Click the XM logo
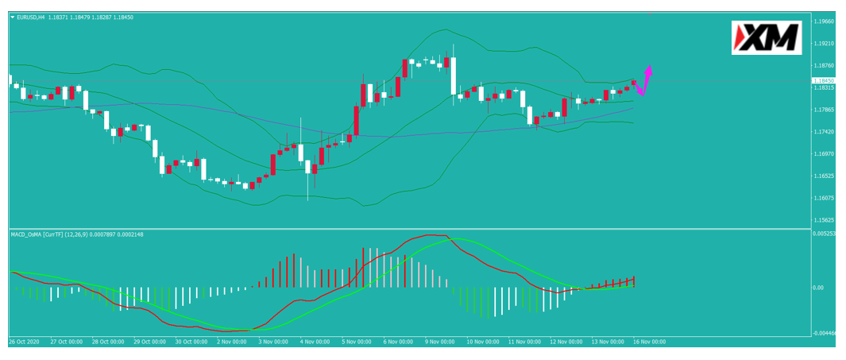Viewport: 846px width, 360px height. (x=766, y=38)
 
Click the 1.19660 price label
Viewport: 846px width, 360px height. (x=826, y=21)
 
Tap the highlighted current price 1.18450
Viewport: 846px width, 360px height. (x=823, y=80)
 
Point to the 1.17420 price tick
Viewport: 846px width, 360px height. (x=826, y=132)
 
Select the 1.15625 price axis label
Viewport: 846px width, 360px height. (x=826, y=220)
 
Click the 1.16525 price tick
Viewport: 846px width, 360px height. (x=826, y=176)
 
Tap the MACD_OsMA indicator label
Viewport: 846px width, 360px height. (x=28, y=234)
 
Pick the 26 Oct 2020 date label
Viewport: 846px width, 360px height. (x=25, y=342)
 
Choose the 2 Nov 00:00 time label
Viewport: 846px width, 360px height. (x=231, y=342)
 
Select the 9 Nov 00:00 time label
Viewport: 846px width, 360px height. (x=438, y=342)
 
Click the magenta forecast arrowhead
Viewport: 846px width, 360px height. (x=650, y=69)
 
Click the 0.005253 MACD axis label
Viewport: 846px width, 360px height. (x=826, y=234)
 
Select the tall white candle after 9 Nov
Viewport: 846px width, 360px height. (x=454, y=75)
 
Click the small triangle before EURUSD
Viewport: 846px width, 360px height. (x=13, y=17)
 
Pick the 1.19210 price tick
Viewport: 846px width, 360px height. (x=826, y=44)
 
